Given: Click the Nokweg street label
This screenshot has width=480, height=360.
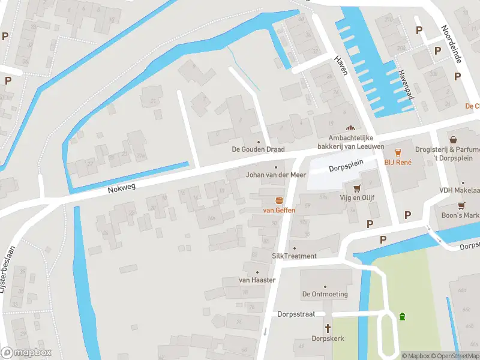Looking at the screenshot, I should pyautogui.click(x=122, y=188).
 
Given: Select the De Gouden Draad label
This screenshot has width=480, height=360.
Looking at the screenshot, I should pyautogui.click(x=259, y=149).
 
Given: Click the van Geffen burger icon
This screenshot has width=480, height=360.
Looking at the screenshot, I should pyautogui.click(x=279, y=200).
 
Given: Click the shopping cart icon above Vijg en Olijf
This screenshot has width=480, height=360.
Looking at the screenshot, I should pyautogui.click(x=358, y=187).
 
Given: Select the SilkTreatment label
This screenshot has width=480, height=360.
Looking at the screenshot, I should pyautogui.click(x=294, y=256).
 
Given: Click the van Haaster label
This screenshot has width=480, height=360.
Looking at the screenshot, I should pyautogui.click(x=257, y=280).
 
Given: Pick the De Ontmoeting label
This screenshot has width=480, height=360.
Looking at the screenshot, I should pyautogui.click(x=325, y=294).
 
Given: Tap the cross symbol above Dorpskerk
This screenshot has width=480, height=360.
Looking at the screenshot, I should pyautogui.click(x=328, y=328).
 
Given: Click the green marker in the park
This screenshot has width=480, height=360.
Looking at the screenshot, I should pyautogui.click(x=402, y=316).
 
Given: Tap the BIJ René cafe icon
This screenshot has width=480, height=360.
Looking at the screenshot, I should pyautogui.click(x=397, y=152).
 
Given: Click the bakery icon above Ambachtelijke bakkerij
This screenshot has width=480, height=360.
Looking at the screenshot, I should pyautogui.click(x=351, y=128).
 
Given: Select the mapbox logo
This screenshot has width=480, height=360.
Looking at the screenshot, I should pyautogui.click(x=25, y=353).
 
